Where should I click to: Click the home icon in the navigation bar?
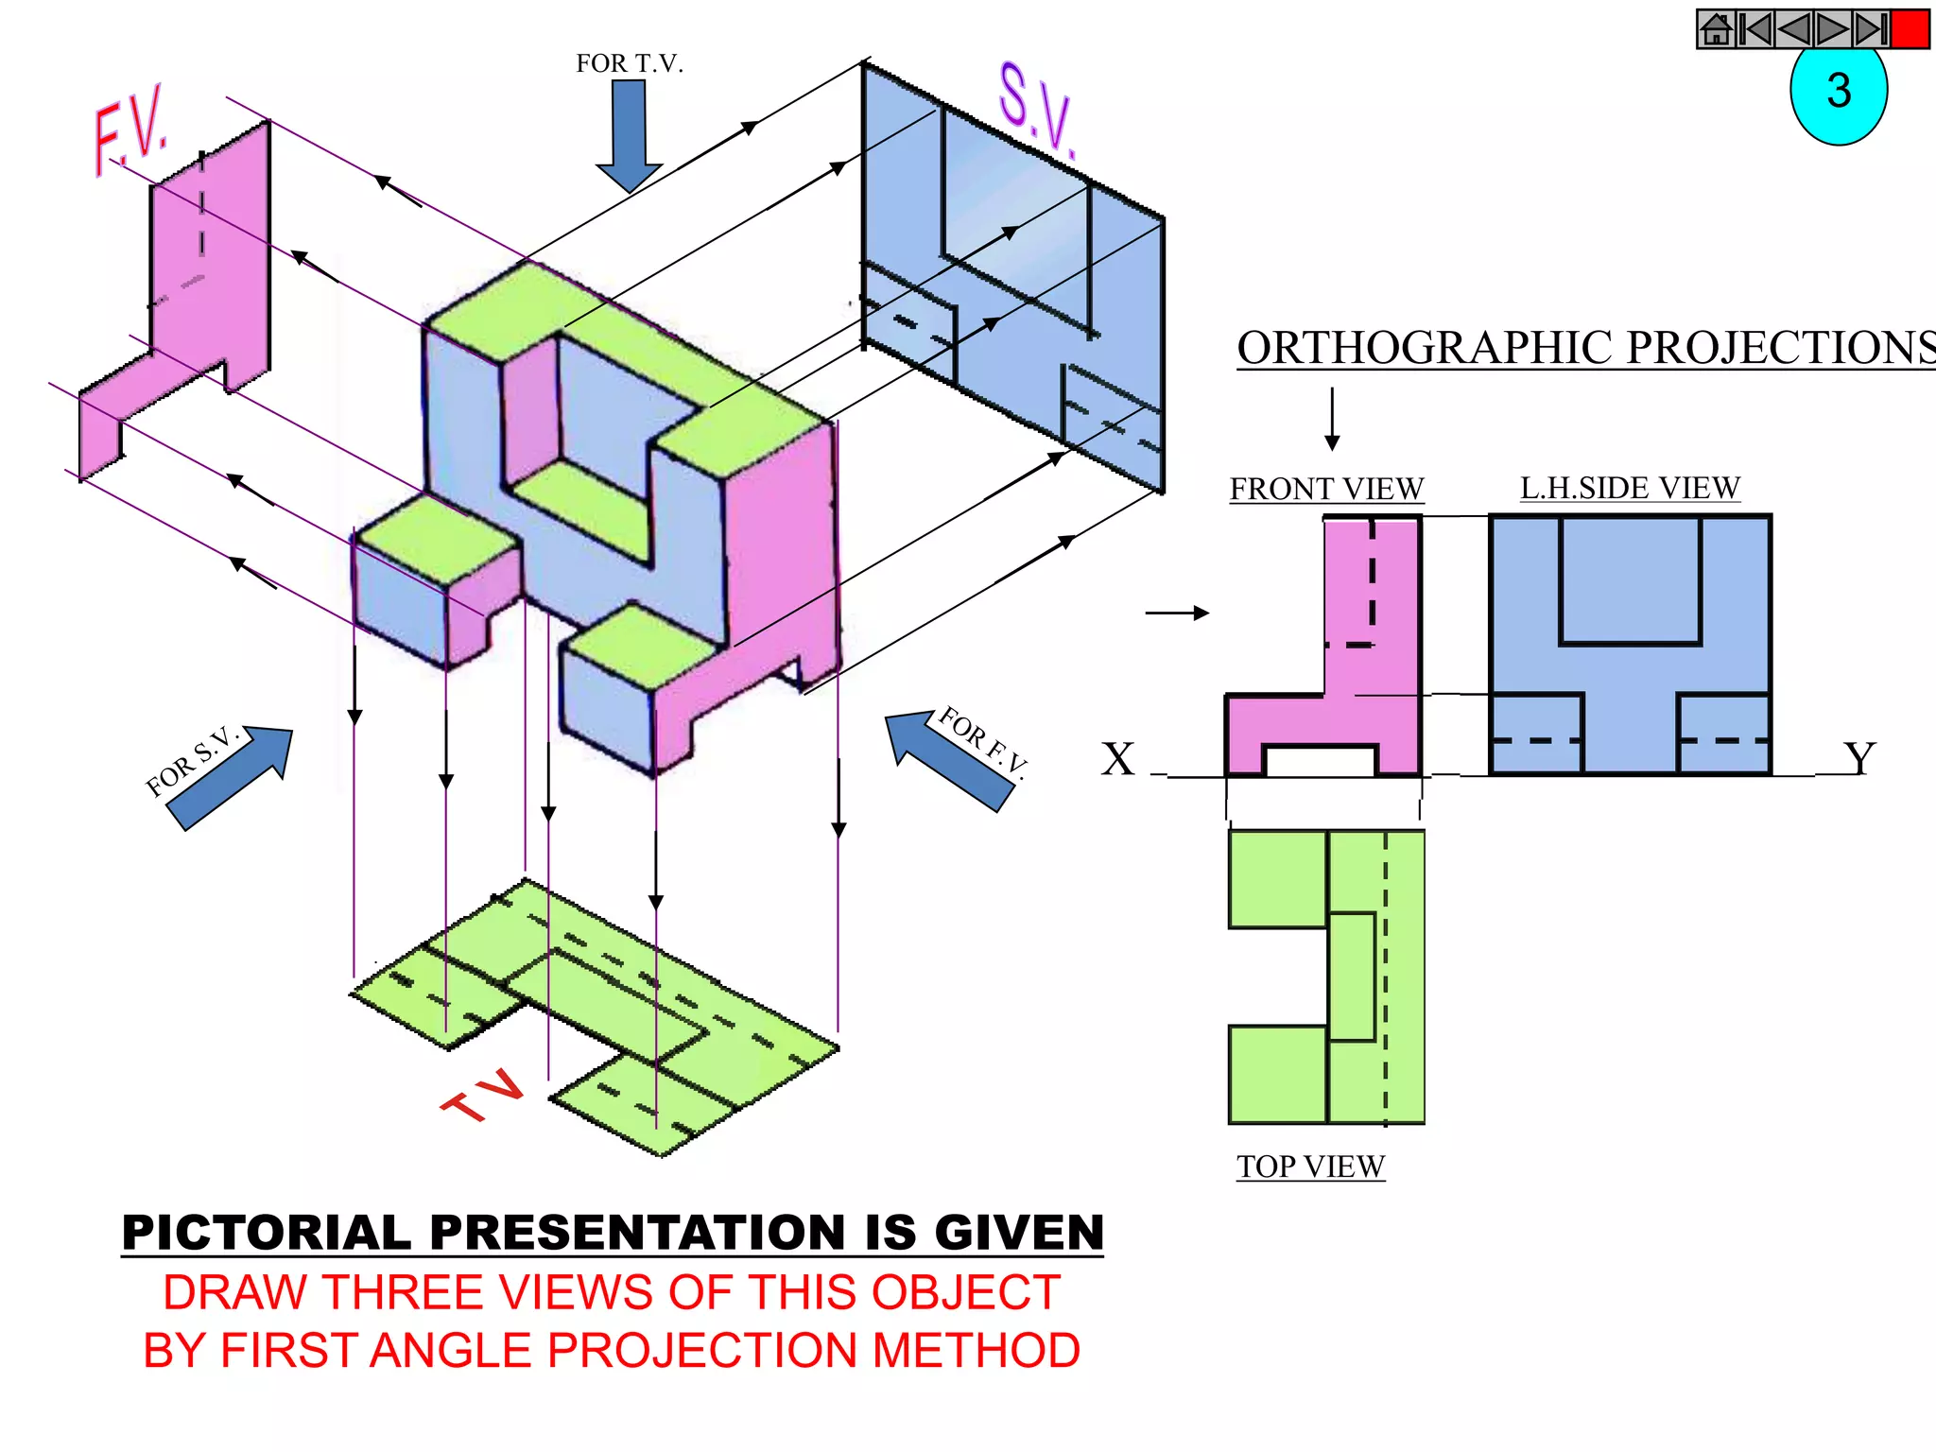pyautogui.click(x=1717, y=29)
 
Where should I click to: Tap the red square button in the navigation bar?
pyautogui.click(x=1910, y=29)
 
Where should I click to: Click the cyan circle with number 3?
pyautogui.click(x=1839, y=93)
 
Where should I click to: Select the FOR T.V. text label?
pyautogui.click(x=630, y=63)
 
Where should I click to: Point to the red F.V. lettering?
pyautogui.click(x=131, y=131)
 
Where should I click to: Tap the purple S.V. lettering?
pyautogui.click(x=1037, y=110)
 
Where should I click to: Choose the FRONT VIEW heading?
pyautogui.click(x=1326, y=489)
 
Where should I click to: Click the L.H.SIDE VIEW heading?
pyautogui.click(x=1630, y=488)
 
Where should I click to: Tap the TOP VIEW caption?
pyautogui.click(x=1311, y=1167)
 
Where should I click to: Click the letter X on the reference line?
pyautogui.click(x=1118, y=758)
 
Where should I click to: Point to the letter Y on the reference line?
pyautogui.click(x=1859, y=758)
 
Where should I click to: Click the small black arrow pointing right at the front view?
pyautogui.click(x=1178, y=614)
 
